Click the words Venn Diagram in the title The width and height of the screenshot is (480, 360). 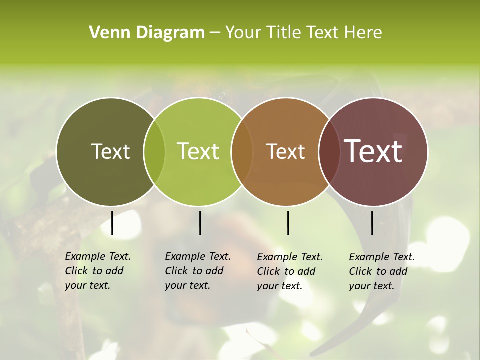147,33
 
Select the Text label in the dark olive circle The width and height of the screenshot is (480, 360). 110,151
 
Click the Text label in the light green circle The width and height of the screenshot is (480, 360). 198,151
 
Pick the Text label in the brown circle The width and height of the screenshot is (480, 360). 285,151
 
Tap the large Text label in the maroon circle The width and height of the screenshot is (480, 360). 373,151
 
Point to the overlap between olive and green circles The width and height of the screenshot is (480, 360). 154,152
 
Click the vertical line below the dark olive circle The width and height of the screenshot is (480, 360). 112,223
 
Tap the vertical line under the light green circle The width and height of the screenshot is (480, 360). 200,223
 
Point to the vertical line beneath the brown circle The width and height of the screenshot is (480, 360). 288,223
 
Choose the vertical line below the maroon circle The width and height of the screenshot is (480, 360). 372,223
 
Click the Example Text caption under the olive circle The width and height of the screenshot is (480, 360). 97,271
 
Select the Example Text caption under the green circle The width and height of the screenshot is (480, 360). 197,271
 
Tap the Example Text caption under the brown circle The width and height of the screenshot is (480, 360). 289,271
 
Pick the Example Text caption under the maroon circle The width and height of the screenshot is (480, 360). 381,271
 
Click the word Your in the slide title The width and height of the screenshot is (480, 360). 243,33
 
